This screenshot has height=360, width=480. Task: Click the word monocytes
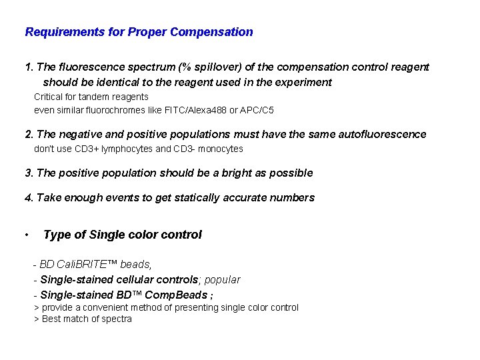pos(221,149)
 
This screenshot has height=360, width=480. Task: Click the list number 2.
pos(28,135)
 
